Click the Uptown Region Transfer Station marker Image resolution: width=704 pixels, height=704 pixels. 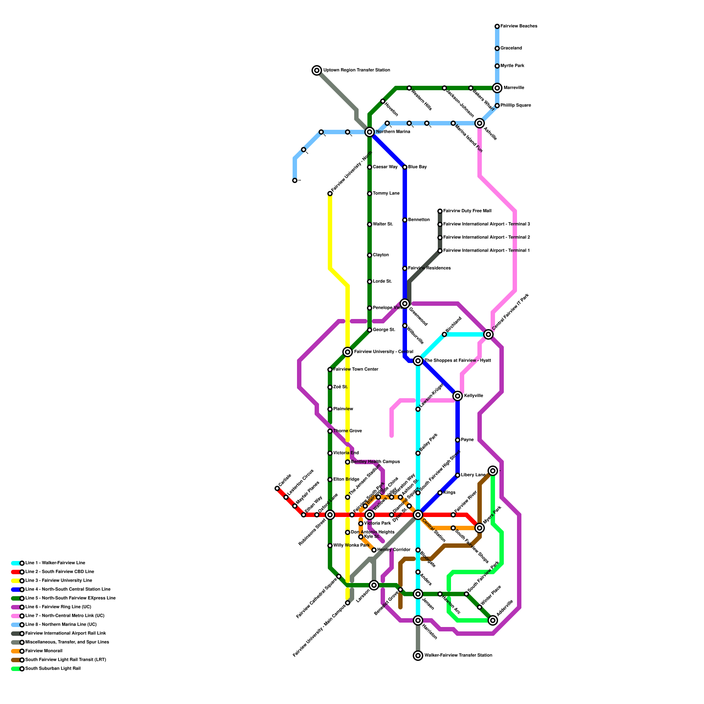click(x=317, y=70)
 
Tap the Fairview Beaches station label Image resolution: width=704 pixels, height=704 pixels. click(x=519, y=26)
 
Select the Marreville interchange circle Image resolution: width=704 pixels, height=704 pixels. click(x=497, y=88)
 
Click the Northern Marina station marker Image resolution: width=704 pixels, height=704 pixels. click(x=370, y=132)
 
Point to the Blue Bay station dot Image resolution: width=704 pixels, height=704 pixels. click(x=405, y=167)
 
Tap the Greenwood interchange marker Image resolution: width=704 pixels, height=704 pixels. click(x=405, y=304)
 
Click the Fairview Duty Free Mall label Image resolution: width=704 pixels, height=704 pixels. click(x=467, y=211)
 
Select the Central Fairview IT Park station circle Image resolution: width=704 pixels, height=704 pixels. click(x=488, y=334)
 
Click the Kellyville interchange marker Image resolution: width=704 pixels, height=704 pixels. click(x=458, y=396)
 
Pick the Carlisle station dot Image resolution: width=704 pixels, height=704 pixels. click(x=277, y=488)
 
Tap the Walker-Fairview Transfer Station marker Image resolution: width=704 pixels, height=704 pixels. click(x=418, y=656)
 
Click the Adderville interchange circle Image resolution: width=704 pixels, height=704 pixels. click(x=493, y=620)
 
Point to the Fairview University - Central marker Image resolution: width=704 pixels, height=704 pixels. click(x=348, y=352)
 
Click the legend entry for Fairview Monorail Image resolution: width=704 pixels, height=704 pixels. click(x=44, y=651)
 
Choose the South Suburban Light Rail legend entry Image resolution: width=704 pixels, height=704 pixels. click(x=53, y=669)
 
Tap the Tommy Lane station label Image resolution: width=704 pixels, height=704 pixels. click(x=386, y=194)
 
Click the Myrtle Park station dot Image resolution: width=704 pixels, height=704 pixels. click(x=497, y=66)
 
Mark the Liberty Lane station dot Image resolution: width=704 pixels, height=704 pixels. click(x=458, y=475)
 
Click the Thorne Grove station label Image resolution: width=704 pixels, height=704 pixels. click(x=348, y=431)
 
